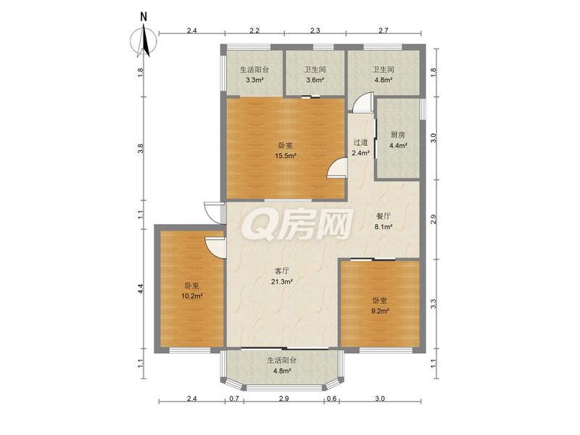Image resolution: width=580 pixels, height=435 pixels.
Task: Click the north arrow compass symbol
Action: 144,41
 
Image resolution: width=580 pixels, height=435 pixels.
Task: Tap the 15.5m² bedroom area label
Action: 285,156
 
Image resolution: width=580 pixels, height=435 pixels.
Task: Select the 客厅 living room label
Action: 282,270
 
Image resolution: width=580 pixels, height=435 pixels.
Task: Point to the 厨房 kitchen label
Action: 398,135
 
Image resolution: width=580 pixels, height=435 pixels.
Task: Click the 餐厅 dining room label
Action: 384,216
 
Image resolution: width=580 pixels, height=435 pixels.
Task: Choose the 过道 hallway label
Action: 360,142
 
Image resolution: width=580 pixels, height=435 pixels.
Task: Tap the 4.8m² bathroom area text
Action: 384,80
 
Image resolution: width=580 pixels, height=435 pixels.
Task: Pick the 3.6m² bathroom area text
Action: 315,80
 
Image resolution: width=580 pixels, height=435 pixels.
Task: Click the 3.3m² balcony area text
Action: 254,80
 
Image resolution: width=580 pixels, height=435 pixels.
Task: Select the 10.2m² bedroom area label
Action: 192,296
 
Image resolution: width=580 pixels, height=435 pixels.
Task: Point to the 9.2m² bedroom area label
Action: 380,311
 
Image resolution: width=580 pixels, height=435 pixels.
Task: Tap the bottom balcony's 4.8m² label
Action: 282,370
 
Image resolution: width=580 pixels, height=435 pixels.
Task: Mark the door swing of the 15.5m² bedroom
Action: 337,168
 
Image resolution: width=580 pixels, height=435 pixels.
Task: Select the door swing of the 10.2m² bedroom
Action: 215,248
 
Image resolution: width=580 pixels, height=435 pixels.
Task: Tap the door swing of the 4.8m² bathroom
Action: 362,101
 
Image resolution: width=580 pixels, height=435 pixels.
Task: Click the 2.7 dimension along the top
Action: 384,30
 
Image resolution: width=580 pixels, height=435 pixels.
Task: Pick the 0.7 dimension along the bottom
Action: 234,398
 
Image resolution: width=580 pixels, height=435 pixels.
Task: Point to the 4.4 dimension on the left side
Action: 140,289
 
